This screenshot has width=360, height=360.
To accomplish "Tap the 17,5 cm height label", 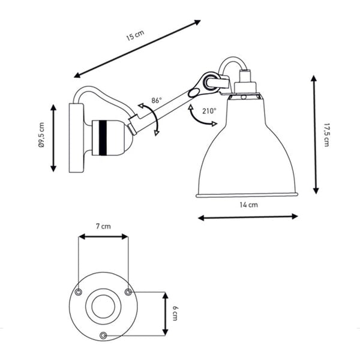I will click(x=326, y=134).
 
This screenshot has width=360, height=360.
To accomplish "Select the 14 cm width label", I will click(x=248, y=205).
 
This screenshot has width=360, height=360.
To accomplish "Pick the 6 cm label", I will click(x=175, y=313).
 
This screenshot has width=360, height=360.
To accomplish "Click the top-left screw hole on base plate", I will click(x=79, y=292).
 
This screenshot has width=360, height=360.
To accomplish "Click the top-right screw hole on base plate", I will click(x=128, y=292).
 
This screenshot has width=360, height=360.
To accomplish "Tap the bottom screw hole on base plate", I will click(x=103, y=334).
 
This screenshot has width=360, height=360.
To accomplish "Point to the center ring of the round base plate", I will click(x=103, y=306).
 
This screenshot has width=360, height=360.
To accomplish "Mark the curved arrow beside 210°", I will click(x=198, y=118).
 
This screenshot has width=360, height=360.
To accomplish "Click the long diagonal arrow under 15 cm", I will click(x=137, y=49).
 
